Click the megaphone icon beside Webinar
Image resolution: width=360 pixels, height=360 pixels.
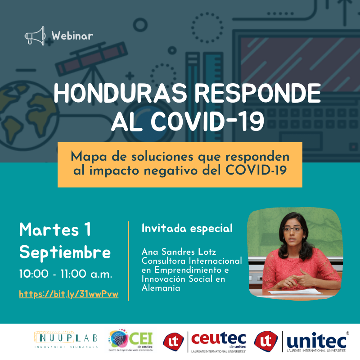[x=35, y=36]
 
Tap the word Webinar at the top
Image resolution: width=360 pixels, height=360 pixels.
[x=72, y=36]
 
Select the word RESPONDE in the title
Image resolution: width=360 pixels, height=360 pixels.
[x=257, y=93]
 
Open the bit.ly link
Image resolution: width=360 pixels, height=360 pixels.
[x=69, y=294]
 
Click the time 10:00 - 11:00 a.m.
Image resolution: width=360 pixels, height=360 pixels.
[x=66, y=274]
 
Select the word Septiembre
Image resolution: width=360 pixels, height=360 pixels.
[x=65, y=253]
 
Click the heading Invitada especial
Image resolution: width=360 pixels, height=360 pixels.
[x=187, y=229]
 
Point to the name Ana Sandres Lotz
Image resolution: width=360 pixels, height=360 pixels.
[x=179, y=252]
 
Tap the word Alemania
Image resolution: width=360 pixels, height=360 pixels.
[x=161, y=288]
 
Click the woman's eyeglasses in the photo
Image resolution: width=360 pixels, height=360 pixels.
[x=292, y=229]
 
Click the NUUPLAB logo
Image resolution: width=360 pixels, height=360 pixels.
[x=66, y=340]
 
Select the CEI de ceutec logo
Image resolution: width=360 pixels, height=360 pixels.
[x=130, y=340]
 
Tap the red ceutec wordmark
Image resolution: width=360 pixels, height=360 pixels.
[x=218, y=339]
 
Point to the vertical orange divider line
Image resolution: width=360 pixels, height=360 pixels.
[x=128, y=261]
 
